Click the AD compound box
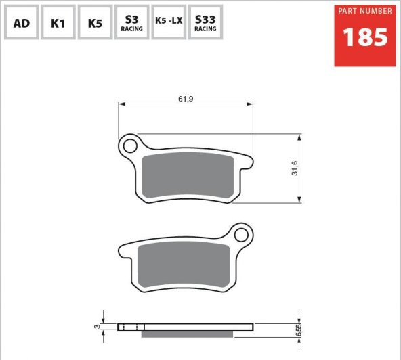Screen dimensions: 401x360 pos(22,22)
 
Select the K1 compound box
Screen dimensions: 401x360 pos(58,22)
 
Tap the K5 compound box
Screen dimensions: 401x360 pos(95,22)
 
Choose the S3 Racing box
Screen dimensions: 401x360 pos(131,22)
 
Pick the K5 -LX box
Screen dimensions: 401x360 pos(169,22)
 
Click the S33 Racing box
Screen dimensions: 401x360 pos(205,22)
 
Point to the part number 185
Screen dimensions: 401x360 pos(365,37)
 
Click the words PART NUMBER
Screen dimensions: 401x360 pos(365,11)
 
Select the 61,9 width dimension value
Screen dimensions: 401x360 pos(186,99)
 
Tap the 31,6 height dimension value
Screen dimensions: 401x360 pos(295,168)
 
